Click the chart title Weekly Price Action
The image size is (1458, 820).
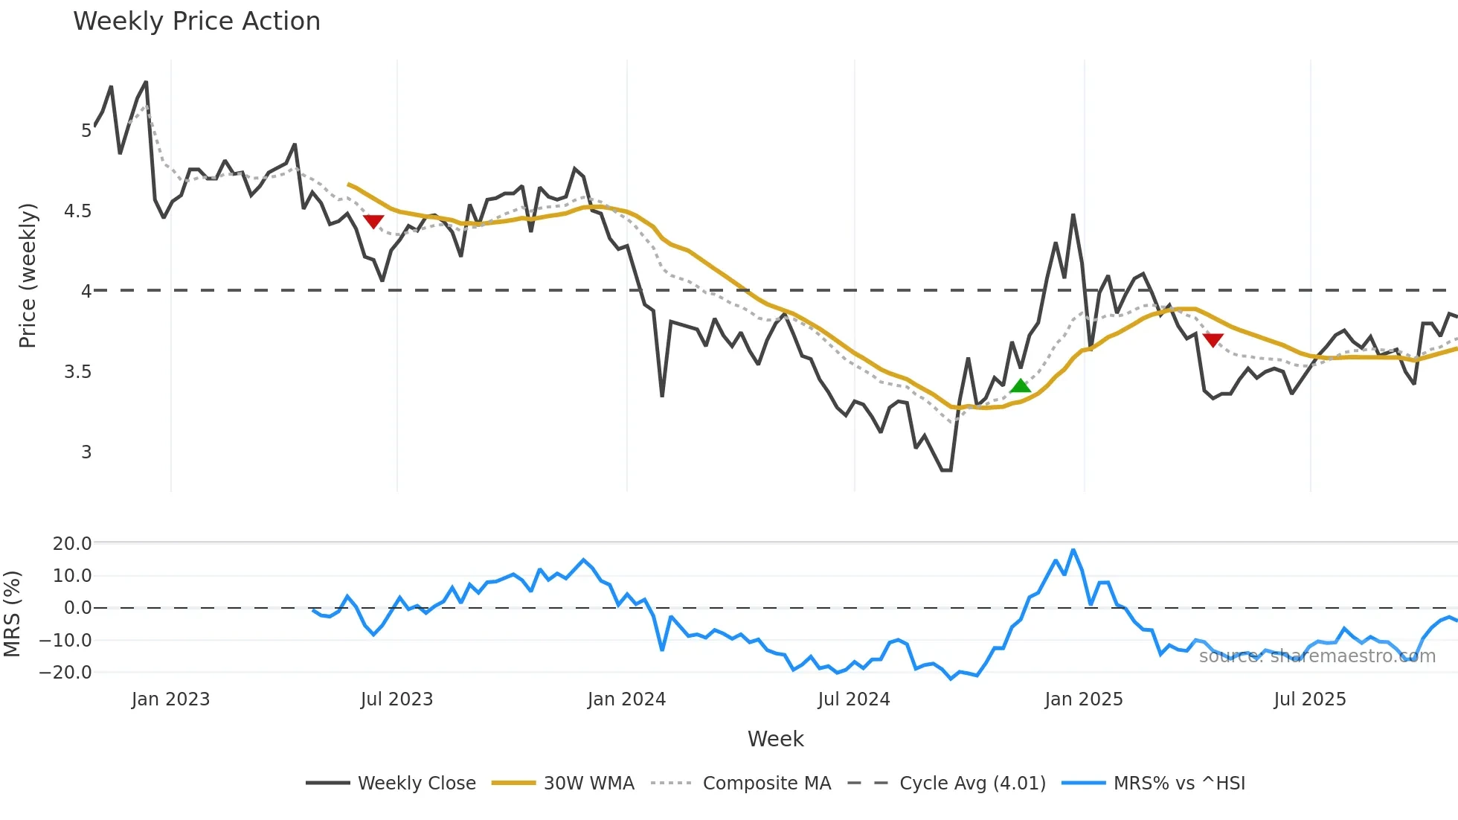[x=196, y=22]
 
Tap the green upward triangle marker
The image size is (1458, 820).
[x=1021, y=385]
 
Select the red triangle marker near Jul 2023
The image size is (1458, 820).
[x=373, y=221]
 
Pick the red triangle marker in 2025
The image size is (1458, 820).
[x=1213, y=340]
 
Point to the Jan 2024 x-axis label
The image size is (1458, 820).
[x=626, y=699]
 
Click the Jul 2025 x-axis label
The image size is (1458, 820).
[x=1310, y=699]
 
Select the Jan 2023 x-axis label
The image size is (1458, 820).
[x=170, y=699]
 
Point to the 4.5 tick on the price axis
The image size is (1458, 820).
[x=78, y=211]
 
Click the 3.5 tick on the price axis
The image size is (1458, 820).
[x=78, y=372]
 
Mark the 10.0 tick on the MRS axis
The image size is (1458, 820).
[x=72, y=576]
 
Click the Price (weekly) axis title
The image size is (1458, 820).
[x=28, y=275]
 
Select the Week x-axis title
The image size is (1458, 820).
[x=775, y=739]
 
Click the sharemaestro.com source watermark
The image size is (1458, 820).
[x=1317, y=656]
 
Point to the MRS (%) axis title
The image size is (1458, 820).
[x=12, y=614]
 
